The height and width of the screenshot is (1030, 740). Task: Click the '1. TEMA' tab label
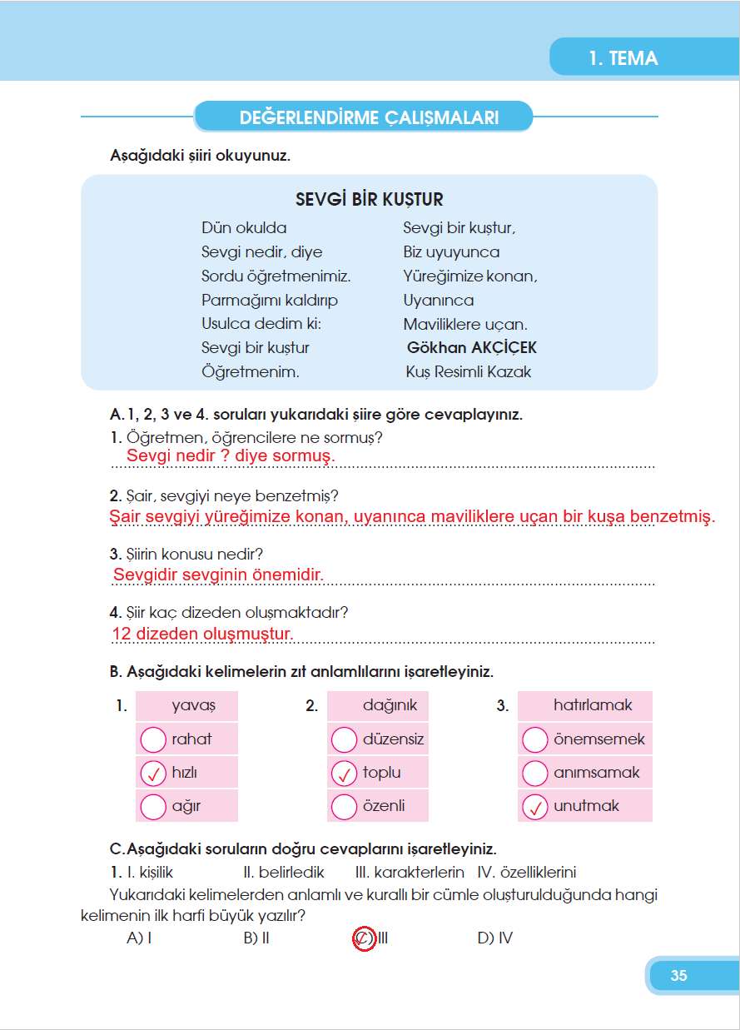pyautogui.click(x=623, y=58)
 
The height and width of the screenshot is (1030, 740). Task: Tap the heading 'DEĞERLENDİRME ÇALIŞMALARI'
pyautogui.click(x=369, y=117)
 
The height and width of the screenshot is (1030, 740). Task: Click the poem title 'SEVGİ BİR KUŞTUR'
pyautogui.click(x=370, y=200)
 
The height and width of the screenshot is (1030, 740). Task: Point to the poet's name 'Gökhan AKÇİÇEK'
pyautogui.click(x=471, y=348)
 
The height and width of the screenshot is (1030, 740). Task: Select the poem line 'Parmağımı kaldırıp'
pyautogui.click(x=270, y=301)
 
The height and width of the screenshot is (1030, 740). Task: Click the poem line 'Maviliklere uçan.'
pyautogui.click(x=465, y=325)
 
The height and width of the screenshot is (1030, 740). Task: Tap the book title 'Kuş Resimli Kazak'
pyautogui.click(x=468, y=372)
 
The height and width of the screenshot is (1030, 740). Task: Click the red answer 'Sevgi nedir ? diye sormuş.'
pyautogui.click(x=231, y=456)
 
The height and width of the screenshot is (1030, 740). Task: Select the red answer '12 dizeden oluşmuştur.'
pyautogui.click(x=202, y=634)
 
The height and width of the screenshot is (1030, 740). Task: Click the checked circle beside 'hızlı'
pyautogui.click(x=153, y=774)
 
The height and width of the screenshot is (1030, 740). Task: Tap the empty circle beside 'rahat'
pyautogui.click(x=153, y=739)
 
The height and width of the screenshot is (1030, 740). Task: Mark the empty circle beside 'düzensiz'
pyautogui.click(x=344, y=739)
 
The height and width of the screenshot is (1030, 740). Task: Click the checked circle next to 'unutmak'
pyautogui.click(x=534, y=807)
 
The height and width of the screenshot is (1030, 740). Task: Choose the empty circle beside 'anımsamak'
pyautogui.click(x=534, y=774)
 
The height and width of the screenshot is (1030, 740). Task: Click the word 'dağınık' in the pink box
pyautogui.click(x=390, y=705)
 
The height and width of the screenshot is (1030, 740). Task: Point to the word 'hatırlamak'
pyautogui.click(x=593, y=705)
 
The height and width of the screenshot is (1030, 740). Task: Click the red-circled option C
pyautogui.click(x=364, y=938)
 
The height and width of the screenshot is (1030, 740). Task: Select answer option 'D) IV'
pyautogui.click(x=494, y=938)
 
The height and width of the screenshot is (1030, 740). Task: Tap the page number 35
pyautogui.click(x=678, y=976)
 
